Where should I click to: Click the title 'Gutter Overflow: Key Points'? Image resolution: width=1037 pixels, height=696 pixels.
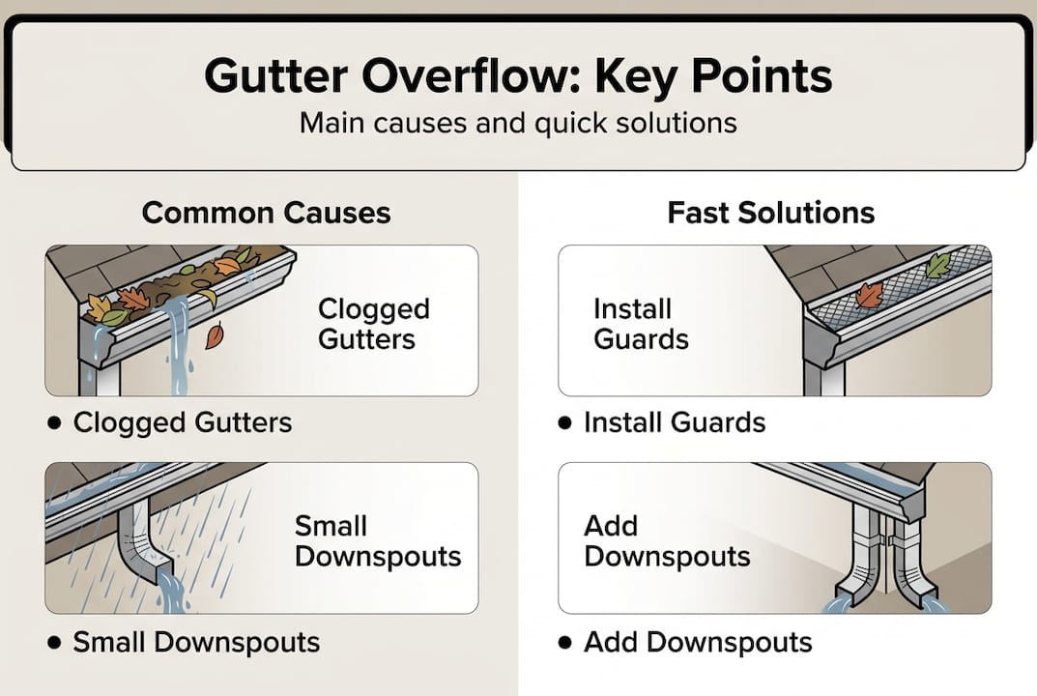(518, 76)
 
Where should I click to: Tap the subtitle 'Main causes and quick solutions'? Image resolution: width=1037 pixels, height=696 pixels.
(518, 124)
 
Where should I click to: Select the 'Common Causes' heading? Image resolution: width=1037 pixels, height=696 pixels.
(266, 213)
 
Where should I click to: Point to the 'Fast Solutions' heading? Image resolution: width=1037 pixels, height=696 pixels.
(770, 213)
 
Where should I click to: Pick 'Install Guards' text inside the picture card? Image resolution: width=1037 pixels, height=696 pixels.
(641, 325)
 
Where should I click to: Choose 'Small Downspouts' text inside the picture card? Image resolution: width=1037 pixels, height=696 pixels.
(377, 542)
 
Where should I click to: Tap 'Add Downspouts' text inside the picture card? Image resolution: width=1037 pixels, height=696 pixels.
(667, 542)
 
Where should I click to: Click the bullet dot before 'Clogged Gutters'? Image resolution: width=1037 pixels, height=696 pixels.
(54, 422)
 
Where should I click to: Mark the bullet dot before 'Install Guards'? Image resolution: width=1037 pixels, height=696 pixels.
(565, 422)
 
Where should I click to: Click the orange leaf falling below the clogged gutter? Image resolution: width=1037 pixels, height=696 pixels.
(213, 336)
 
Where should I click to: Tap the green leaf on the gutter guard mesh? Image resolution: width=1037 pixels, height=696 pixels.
(936, 265)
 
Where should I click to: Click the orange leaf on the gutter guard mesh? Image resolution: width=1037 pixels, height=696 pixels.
(868, 295)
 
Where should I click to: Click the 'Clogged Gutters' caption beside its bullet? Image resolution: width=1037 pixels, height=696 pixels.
(183, 422)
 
